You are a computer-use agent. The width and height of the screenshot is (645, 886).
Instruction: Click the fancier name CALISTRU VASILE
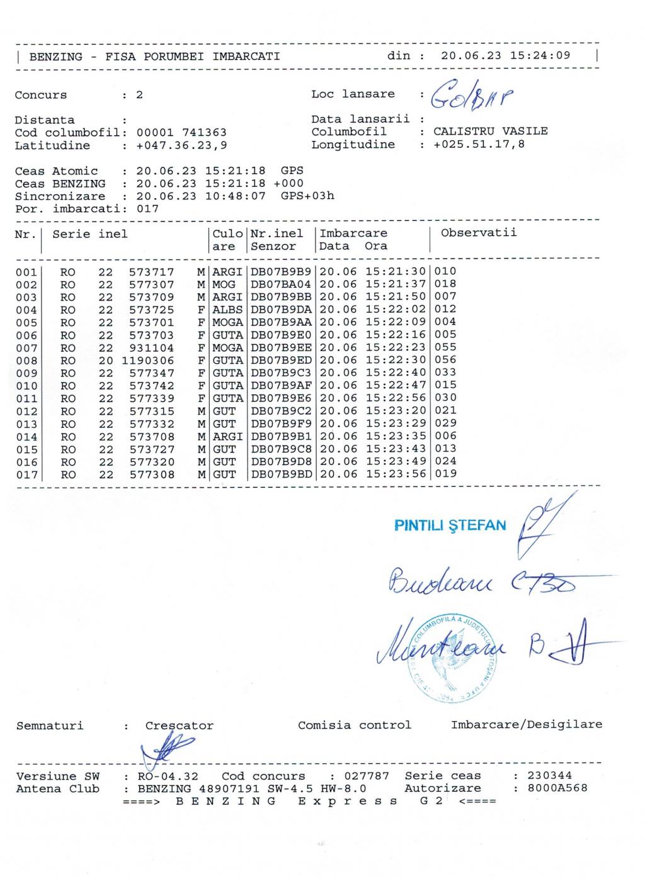point(490,132)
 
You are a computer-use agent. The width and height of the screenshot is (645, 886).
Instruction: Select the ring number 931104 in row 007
point(152,348)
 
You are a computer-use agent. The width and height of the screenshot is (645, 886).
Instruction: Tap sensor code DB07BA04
point(281,284)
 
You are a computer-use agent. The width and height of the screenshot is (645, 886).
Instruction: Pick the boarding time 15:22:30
point(396,361)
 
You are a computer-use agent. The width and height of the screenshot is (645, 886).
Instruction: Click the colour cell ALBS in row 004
point(227,310)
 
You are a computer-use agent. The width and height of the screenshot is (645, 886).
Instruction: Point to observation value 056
point(445,360)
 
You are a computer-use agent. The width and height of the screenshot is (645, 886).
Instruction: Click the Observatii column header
point(479,233)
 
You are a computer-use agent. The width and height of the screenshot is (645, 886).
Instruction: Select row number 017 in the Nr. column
point(26,475)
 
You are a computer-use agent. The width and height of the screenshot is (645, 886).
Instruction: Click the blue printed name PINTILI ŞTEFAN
point(450,525)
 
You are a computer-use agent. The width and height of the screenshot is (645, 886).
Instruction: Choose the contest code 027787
point(368,777)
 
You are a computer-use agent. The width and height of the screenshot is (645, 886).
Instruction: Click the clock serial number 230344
point(549,776)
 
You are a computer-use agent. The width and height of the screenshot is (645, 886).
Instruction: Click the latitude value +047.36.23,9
point(181,146)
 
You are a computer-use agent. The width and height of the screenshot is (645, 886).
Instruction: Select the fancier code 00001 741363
point(181,133)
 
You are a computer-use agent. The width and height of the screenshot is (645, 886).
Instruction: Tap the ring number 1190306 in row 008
point(148,361)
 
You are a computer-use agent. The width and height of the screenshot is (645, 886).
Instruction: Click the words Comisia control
point(354,725)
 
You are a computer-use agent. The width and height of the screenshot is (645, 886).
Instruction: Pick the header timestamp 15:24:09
point(540,55)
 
